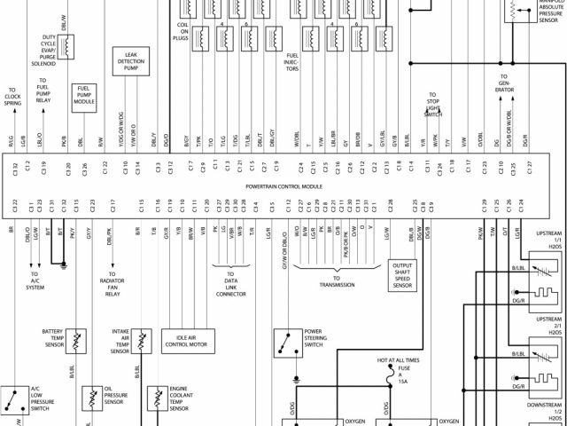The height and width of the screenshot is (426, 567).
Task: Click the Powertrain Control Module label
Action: click(x=283, y=187)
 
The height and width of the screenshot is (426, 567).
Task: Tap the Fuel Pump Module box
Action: click(x=85, y=96)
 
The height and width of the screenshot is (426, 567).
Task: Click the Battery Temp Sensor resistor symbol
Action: click(x=78, y=341)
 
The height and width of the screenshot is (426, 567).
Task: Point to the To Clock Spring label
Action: click(x=12, y=97)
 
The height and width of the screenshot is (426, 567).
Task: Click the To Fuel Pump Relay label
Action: click(x=43, y=90)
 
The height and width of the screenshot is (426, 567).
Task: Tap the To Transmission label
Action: click(x=338, y=285)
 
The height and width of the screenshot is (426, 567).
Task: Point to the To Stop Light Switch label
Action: click(x=433, y=104)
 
